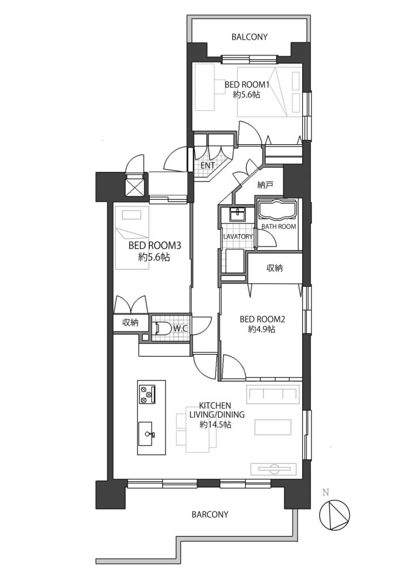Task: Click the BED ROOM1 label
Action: (247, 85)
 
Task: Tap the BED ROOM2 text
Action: (262, 319)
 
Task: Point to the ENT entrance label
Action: (207, 166)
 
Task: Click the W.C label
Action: (179, 328)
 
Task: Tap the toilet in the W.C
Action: (162, 328)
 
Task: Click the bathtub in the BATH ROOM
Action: (276, 210)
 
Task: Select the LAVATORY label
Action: (238, 236)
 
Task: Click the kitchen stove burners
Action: (147, 394)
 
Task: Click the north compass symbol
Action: (334, 515)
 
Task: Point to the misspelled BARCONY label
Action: (210, 515)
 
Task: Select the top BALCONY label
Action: (249, 37)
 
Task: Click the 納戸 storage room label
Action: (265, 185)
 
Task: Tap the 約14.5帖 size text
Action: (215, 425)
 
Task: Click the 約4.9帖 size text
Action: (262, 329)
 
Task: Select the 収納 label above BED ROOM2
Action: (275, 268)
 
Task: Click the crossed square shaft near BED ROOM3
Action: (136, 186)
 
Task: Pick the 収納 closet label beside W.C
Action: (130, 323)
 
